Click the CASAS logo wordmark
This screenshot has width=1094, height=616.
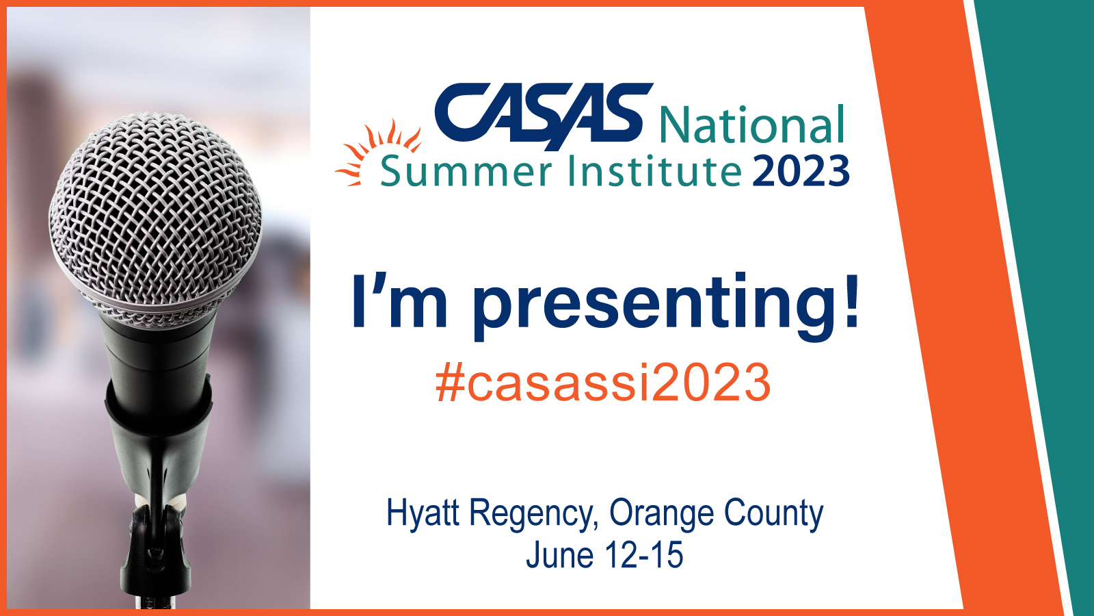(x=544, y=116)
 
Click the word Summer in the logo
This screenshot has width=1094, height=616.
(x=466, y=171)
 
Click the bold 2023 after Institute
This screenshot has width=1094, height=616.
(x=801, y=171)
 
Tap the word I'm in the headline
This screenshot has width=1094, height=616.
(x=399, y=300)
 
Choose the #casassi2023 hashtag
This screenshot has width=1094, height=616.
(x=603, y=383)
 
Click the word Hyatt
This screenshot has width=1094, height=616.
(x=423, y=514)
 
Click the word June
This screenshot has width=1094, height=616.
(x=560, y=555)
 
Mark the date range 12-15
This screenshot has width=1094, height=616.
(x=643, y=555)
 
